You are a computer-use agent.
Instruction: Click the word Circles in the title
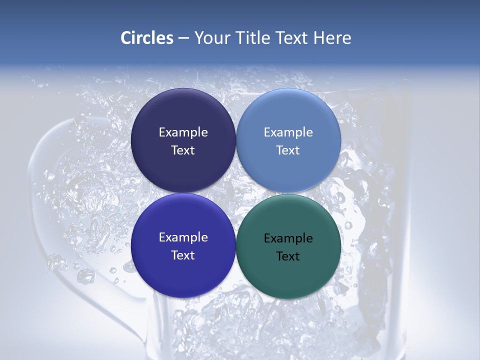(147, 38)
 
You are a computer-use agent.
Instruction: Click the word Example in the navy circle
(183, 132)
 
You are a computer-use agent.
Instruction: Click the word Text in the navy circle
(183, 150)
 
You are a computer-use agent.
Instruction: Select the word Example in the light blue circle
(288, 132)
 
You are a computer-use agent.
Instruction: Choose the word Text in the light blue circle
(288, 150)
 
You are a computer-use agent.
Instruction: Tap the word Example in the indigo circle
(183, 237)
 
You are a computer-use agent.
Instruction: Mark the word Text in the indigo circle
(183, 255)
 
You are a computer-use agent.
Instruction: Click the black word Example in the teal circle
(288, 238)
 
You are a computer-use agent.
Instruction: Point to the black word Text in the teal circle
(288, 256)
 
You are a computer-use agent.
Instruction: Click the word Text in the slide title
(292, 38)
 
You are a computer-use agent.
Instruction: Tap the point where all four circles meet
(235, 193)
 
